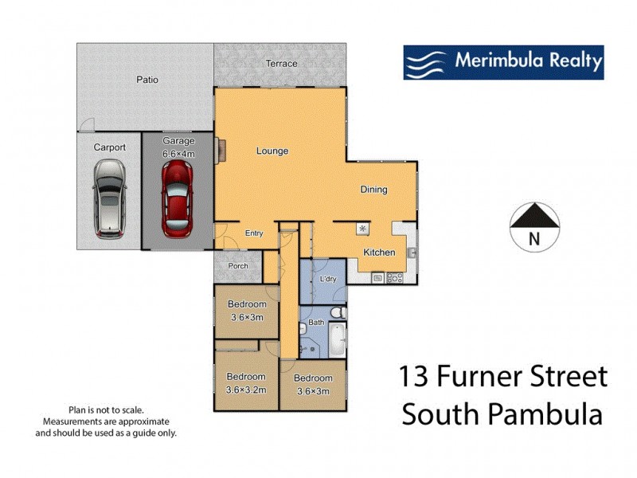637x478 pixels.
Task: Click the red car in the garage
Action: click(x=177, y=198)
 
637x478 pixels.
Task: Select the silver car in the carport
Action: click(x=109, y=198)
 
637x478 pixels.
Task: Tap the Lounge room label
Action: click(x=272, y=151)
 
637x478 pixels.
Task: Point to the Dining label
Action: click(x=373, y=190)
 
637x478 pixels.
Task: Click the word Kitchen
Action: click(x=379, y=253)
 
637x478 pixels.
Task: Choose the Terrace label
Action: click(x=281, y=64)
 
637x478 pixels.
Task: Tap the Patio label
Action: click(x=147, y=80)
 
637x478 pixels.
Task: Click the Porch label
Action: click(x=237, y=266)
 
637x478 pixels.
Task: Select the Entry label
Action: click(x=254, y=233)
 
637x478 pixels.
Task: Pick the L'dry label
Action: click(x=328, y=280)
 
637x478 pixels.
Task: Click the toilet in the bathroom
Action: click(x=338, y=312)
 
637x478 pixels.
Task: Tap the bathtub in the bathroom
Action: click(x=337, y=339)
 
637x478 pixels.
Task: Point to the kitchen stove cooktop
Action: click(x=393, y=278)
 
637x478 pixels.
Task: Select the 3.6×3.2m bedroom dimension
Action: click(x=246, y=390)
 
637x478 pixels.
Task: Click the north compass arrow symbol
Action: click(x=533, y=217)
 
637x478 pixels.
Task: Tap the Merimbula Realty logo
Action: click(x=503, y=62)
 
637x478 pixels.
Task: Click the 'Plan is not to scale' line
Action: click(x=106, y=407)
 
